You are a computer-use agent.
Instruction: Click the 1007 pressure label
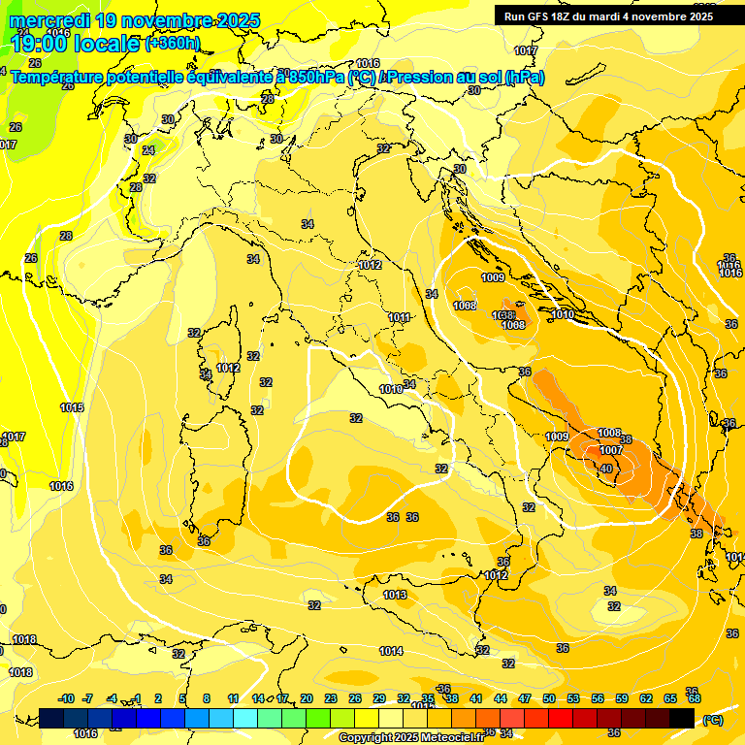pos(610,450)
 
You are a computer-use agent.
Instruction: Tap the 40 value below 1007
pos(606,470)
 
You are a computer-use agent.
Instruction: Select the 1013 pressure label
pos(394,595)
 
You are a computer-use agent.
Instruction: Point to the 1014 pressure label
pos(390,651)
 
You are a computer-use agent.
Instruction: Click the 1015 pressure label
pos(72,407)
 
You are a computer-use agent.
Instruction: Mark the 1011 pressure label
pos(399,317)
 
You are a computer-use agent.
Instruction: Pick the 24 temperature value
pos(148,150)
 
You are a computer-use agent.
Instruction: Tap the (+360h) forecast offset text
pos(172,43)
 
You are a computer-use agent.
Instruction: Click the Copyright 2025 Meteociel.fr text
pos(411,737)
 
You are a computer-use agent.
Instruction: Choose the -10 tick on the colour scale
pos(66,698)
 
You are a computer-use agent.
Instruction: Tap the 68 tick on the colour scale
pos(694,698)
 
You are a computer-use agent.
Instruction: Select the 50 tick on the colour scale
pos(549,698)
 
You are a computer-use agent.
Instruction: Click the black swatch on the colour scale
pos(682,718)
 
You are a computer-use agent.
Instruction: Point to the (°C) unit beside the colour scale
pos(713,719)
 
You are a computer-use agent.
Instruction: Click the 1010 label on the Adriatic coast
pos(563,314)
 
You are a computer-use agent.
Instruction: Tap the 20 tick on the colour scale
pos(307,698)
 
